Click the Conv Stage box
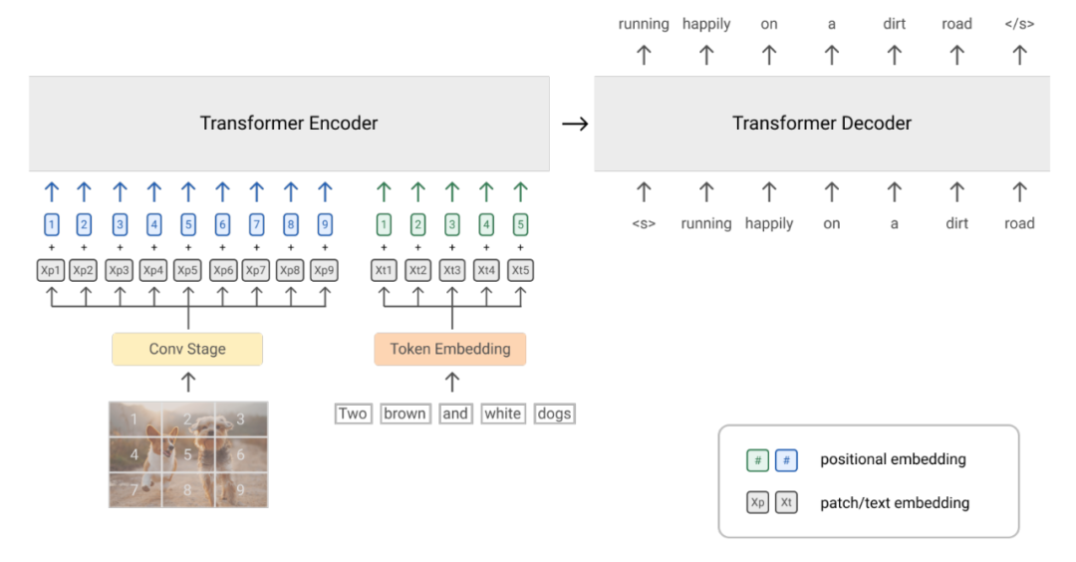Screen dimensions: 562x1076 (187, 349)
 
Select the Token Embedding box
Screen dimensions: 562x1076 (450, 349)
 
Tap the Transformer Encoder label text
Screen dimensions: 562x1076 (289, 124)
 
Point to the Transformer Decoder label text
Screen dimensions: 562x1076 (822, 124)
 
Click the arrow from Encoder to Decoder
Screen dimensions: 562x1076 (574, 124)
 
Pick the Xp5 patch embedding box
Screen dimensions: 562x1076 (187, 270)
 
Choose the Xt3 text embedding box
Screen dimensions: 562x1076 (452, 270)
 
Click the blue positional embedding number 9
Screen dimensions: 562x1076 (325, 225)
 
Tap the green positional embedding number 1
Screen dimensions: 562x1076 (384, 225)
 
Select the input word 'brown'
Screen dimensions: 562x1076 (404, 414)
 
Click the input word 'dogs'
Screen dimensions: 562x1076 (554, 414)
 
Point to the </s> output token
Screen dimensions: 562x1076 (1019, 24)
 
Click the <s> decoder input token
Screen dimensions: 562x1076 (644, 224)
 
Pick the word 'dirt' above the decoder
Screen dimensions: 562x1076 (894, 24)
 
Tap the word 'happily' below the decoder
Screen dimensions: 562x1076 (769, 224)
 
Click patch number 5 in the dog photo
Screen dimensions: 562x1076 (187, 454)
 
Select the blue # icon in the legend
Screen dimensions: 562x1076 (786, 460)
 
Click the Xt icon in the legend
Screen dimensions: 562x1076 (786, 503)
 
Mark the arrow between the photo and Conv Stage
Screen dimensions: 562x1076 (187, 382)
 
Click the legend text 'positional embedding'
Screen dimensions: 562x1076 (893, 459)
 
